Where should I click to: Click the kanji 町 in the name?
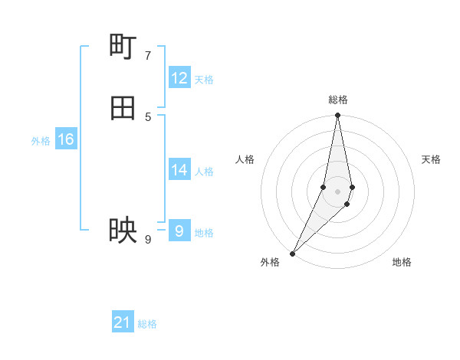(123, 47)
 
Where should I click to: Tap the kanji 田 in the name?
(123, 108)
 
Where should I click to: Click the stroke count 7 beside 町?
(148, 55)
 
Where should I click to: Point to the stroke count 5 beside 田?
(148, 116)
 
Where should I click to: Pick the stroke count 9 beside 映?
(148, 239)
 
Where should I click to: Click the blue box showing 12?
(179, 78)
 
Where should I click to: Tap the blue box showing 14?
(179, 170)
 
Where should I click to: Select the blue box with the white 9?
(179, 231)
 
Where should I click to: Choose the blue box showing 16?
(66, 139)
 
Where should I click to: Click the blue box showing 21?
(123, 322)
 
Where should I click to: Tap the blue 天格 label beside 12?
(204, 80)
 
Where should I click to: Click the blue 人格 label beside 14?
(204, 172)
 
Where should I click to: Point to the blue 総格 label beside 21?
(147, 324)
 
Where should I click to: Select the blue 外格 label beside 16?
(41, 141)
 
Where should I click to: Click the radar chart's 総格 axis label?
(338, 100)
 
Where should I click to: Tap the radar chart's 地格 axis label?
(402, 262)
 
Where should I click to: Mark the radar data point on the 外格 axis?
(293, 253)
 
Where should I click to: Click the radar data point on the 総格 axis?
(338, 116)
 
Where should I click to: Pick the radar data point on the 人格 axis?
(324, 187)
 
